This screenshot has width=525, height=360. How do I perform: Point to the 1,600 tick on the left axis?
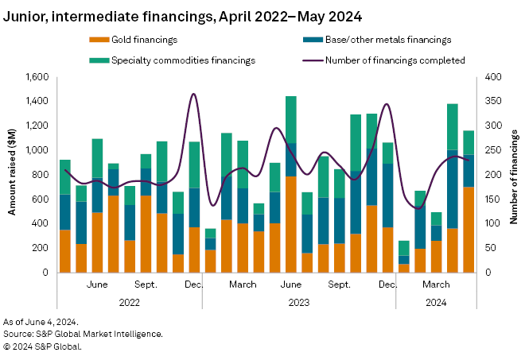click(37, 77)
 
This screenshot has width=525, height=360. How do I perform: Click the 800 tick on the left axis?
click(41, 175)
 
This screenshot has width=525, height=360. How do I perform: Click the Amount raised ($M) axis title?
click(14, 175)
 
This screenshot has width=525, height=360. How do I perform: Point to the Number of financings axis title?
click(513, 175)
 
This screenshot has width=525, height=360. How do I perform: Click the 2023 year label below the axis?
click(298, 302)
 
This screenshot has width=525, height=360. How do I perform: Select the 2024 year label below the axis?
click(435, 302)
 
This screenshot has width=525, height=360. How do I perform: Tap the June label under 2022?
click(97, 284)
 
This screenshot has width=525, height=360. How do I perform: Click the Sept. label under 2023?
click(340, 284)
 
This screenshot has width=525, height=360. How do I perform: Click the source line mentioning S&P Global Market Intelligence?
click(83, 334)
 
